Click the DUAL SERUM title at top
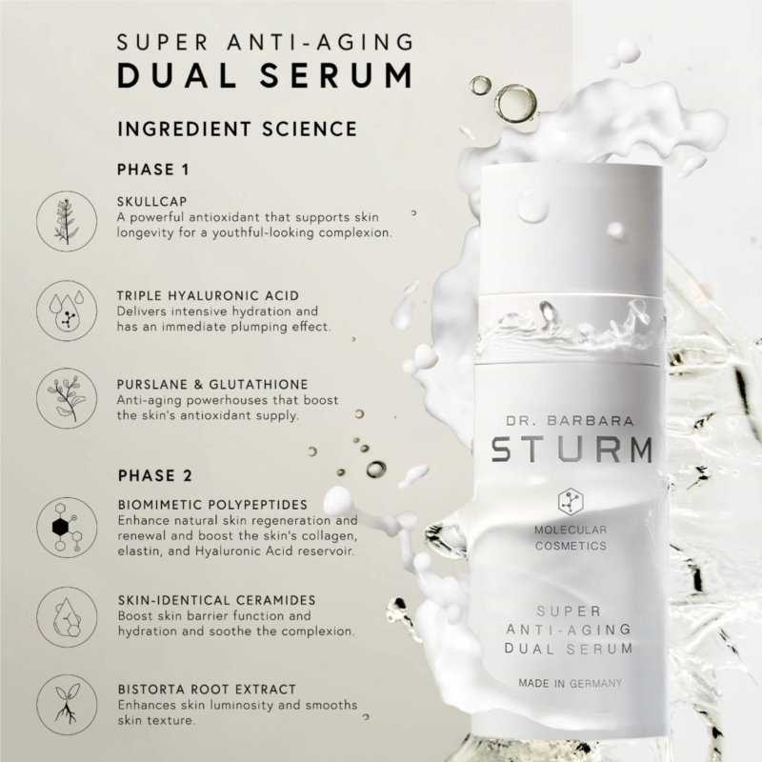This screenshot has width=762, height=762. point(266,75)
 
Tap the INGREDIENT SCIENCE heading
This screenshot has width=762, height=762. point(237,129)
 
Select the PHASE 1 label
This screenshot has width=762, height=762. point(153,170)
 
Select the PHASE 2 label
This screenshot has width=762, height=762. point(155,475)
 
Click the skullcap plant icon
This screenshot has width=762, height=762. point(67,221)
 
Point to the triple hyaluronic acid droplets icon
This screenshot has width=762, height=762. point(67,311)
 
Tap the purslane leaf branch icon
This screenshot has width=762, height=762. point(67,398)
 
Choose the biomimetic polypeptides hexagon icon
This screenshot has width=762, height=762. point(67,528)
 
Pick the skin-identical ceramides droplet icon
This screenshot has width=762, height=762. point(67,616)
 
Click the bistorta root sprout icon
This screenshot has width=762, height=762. point(67,705)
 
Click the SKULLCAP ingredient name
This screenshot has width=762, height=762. point(152,201)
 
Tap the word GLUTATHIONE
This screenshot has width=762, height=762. point(258,385)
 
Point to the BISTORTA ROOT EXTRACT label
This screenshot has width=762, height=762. point(207,689)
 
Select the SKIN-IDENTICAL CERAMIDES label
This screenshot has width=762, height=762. point(217,600)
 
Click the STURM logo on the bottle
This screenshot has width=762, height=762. point(571,450)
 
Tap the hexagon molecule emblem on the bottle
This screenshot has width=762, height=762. point(571,503)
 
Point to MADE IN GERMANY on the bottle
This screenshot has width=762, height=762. point(570,683)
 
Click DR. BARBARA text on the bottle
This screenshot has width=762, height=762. point(570,421)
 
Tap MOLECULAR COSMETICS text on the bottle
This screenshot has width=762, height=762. point(571,538)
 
